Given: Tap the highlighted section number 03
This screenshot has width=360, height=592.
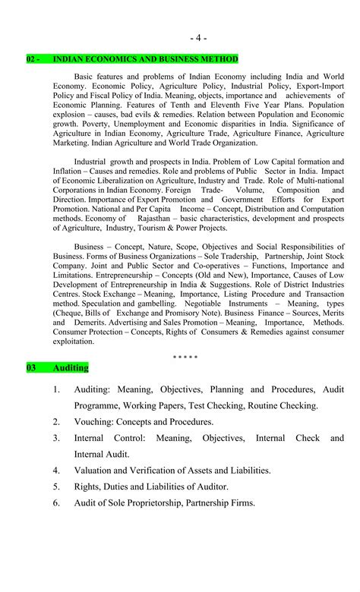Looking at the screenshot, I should [32, 368].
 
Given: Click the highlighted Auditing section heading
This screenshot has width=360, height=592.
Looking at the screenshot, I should [71, 368].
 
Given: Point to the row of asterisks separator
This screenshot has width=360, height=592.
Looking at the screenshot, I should [185, 356].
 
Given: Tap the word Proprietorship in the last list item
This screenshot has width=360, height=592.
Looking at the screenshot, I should [149, 503].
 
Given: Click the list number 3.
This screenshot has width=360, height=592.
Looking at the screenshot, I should [56, 438].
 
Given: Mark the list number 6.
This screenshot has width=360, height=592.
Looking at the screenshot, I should [56, 503].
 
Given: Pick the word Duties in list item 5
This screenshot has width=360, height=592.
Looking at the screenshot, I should [121, 487].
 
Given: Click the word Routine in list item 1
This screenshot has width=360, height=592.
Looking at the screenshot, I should [257, 405].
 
